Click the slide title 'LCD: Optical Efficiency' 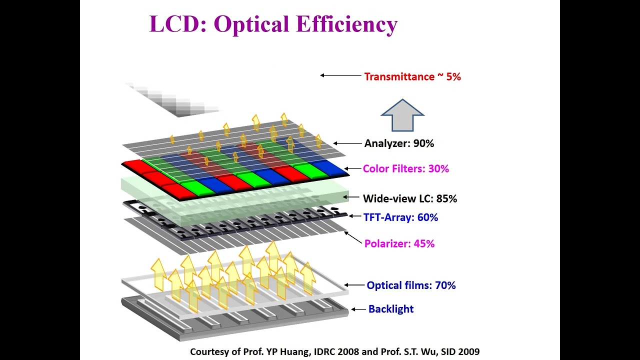coord(273,24)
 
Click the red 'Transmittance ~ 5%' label coord(412,76)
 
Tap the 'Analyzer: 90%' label coord(399,143)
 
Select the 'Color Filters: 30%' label coord(406,168)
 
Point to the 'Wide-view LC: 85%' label coord(410,198)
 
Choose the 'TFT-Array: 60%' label coord(400,217)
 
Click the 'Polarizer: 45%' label coord(399,243)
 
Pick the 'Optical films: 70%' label coord(411,285)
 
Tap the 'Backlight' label coord(391,309)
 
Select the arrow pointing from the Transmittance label coord(340,75)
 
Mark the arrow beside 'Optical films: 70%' coord(354,285)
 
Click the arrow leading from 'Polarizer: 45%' coord(352,237)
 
